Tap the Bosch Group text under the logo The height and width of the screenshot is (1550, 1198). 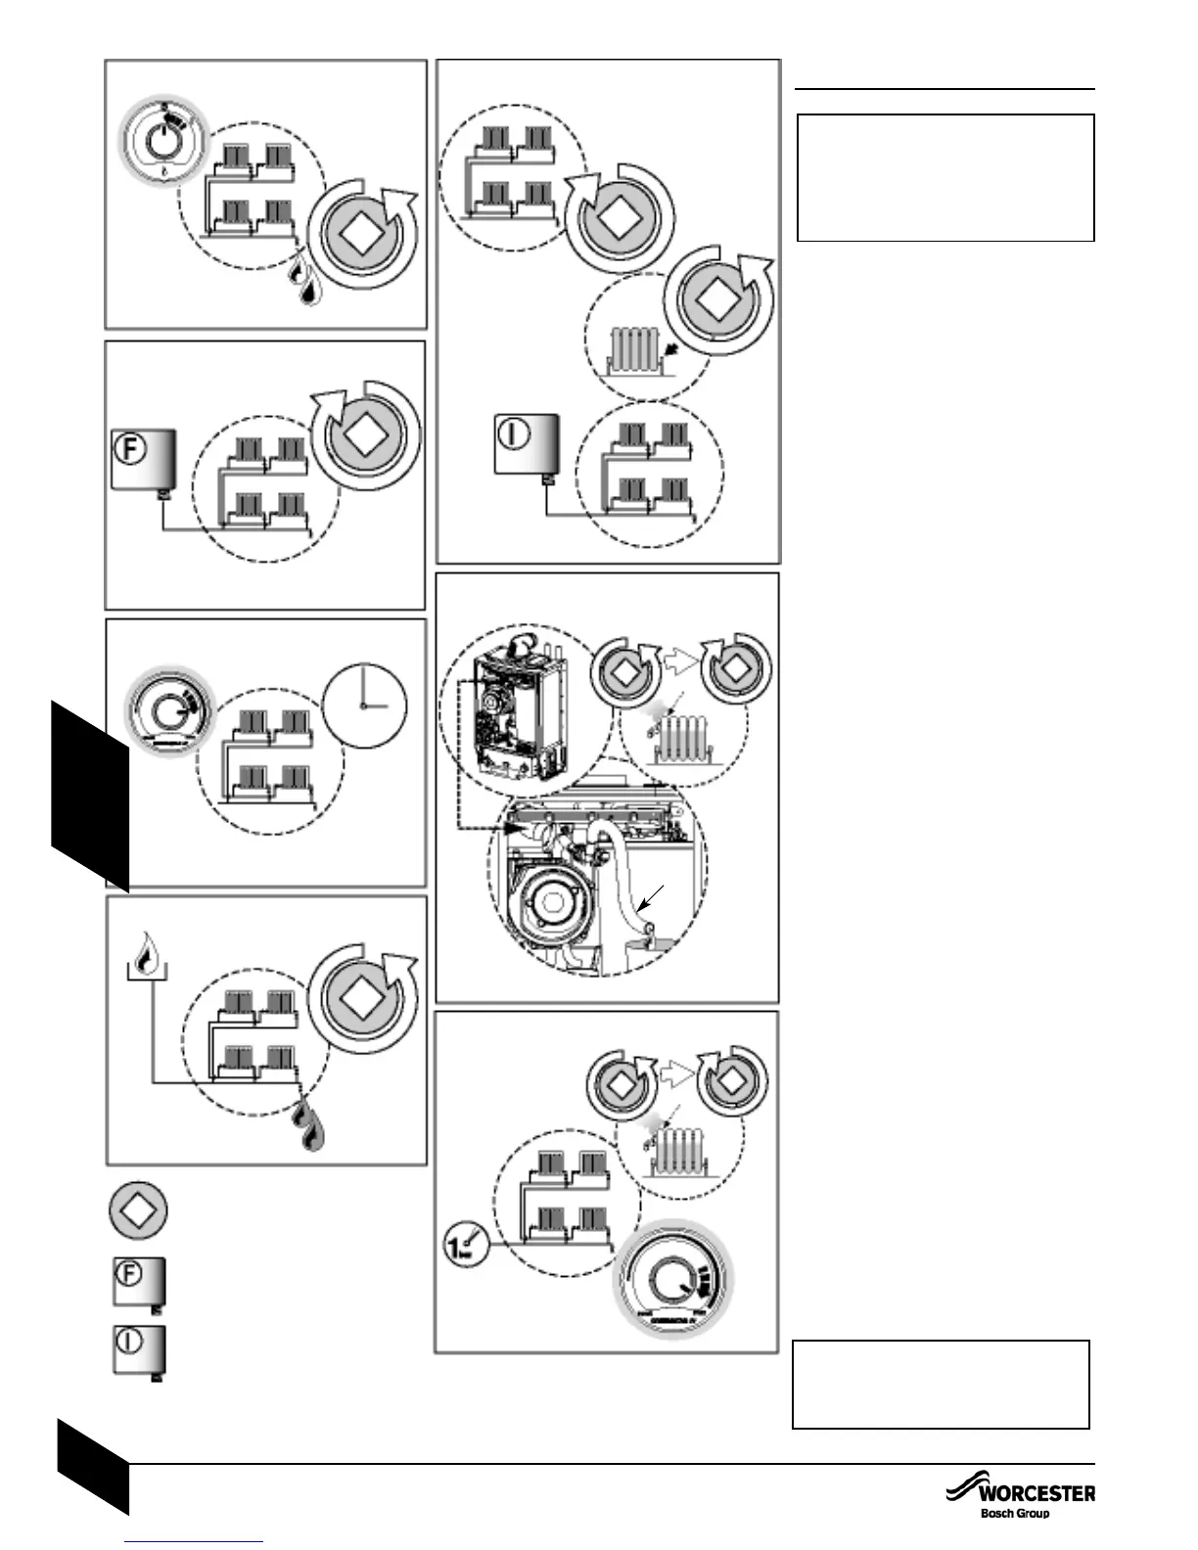tap(1015, 1513)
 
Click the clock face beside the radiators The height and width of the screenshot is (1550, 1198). tap(364, 706)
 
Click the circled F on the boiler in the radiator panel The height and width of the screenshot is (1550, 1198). tap(131, 450)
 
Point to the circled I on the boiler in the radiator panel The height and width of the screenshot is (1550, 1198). tap(512, 433)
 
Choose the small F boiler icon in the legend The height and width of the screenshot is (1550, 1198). tap(137, 1281)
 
